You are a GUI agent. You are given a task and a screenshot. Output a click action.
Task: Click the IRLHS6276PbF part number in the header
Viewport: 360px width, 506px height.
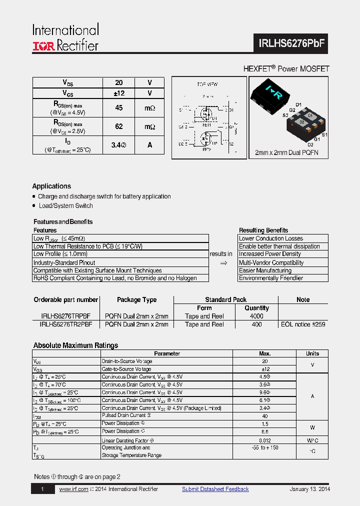click(x=292, y=43)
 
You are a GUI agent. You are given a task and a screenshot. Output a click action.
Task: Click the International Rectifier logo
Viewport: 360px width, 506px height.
click(x=65, y=37)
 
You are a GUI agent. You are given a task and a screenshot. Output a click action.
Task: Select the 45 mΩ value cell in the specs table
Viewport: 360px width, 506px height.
click(x=119, y=108)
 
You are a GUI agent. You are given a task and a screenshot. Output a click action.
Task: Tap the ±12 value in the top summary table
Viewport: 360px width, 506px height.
click(x=119, y=93)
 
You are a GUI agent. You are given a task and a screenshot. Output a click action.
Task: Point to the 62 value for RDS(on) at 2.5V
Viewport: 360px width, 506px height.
click(x=119, y=127)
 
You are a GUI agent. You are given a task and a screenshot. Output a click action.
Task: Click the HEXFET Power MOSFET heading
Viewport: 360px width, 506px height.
click(x=286, y=69)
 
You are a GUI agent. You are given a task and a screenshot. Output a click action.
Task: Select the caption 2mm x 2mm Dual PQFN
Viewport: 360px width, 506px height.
click(x=286, y=152)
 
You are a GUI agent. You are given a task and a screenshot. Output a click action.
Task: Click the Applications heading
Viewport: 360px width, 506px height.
click(x=51, y=186)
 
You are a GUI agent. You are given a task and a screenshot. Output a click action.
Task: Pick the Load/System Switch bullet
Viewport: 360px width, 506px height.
click(x=65, y=205)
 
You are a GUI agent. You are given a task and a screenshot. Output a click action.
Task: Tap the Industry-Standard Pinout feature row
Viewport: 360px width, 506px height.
click(x=64, y=262)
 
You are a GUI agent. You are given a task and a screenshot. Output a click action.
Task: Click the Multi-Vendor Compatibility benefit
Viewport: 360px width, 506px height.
click(x=271, y=262)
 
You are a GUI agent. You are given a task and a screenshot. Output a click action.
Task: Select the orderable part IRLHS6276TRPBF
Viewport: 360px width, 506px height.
click(x=65, y=316)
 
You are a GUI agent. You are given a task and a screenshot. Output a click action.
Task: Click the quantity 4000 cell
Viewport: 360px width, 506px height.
click(x=256, y=316)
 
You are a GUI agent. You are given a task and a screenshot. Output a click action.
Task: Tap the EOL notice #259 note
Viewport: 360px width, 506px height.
click(x=303, y=324)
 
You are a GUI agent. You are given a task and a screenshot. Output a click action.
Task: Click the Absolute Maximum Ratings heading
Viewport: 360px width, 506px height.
click(x=75, y=345)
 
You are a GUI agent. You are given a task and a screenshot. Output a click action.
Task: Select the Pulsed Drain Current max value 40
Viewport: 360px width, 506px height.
click(x=265, y=416)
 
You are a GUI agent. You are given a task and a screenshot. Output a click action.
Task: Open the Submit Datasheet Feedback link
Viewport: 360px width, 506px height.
click(x=215, y=489)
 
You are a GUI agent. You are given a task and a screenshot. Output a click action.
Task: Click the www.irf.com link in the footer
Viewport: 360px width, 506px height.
click(x=73, y=489)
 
